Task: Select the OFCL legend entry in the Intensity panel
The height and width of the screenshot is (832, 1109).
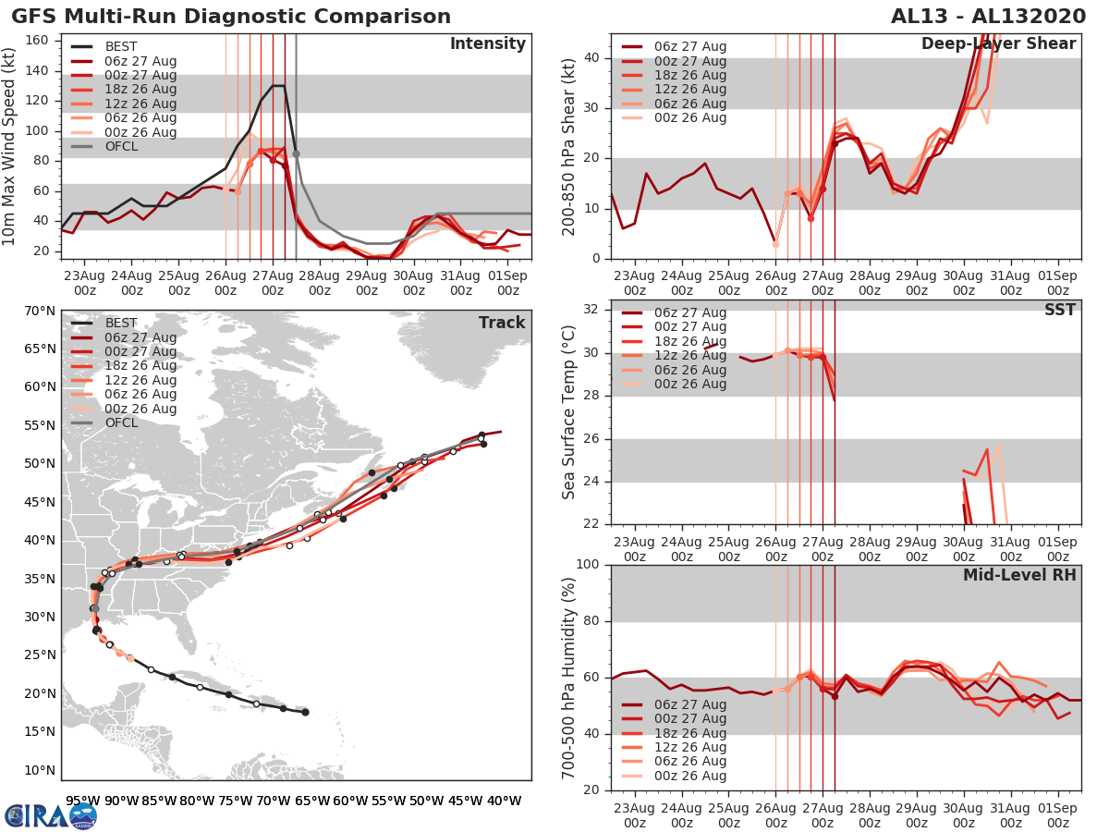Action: coord(120,147)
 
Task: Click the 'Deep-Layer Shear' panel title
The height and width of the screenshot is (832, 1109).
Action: coord(998,44)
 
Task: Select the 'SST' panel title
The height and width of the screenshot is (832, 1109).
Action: coord(1060,310)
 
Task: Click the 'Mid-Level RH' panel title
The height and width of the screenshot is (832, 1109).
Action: coord(1019,575)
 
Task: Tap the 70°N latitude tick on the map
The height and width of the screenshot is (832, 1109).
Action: coord(38,311)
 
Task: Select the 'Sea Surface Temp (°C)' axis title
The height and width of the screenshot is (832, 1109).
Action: coord(569,412)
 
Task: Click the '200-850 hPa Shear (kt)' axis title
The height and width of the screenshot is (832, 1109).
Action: coord(569,146)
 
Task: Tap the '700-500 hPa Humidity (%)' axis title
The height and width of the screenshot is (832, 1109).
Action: coord(569,677)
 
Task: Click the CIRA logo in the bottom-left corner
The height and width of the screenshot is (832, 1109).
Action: coord(51,815)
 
